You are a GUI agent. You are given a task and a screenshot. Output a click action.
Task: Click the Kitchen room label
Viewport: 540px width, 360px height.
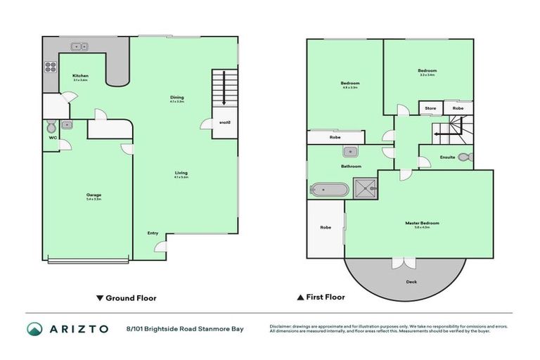point(80,76)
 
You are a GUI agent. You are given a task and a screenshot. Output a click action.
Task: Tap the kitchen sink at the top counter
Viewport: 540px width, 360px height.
point(78,46)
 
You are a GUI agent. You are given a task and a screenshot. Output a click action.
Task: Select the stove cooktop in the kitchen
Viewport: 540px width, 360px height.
point(51,67)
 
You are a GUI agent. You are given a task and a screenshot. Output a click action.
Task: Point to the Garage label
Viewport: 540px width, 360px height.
point(94,195)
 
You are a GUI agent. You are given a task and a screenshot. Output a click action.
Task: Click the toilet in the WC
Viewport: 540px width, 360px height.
point(50,128)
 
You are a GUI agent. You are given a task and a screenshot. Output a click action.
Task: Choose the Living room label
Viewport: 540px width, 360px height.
point(181,172)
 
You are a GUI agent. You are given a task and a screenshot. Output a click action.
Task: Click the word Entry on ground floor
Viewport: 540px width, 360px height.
point(153,233)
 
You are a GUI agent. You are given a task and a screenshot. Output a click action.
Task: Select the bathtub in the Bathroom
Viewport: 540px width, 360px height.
point(329,189)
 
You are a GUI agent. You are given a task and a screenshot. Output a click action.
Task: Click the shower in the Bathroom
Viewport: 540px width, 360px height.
point(365,188)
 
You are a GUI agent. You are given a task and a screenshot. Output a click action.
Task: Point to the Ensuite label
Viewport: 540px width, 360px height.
point(447,157)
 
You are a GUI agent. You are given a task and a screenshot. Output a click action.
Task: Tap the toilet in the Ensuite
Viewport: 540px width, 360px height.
point(469,156)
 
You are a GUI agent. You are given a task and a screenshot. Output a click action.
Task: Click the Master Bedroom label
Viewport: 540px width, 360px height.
point(417,223)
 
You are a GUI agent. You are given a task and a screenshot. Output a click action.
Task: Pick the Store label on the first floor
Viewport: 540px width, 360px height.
point(430,108)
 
